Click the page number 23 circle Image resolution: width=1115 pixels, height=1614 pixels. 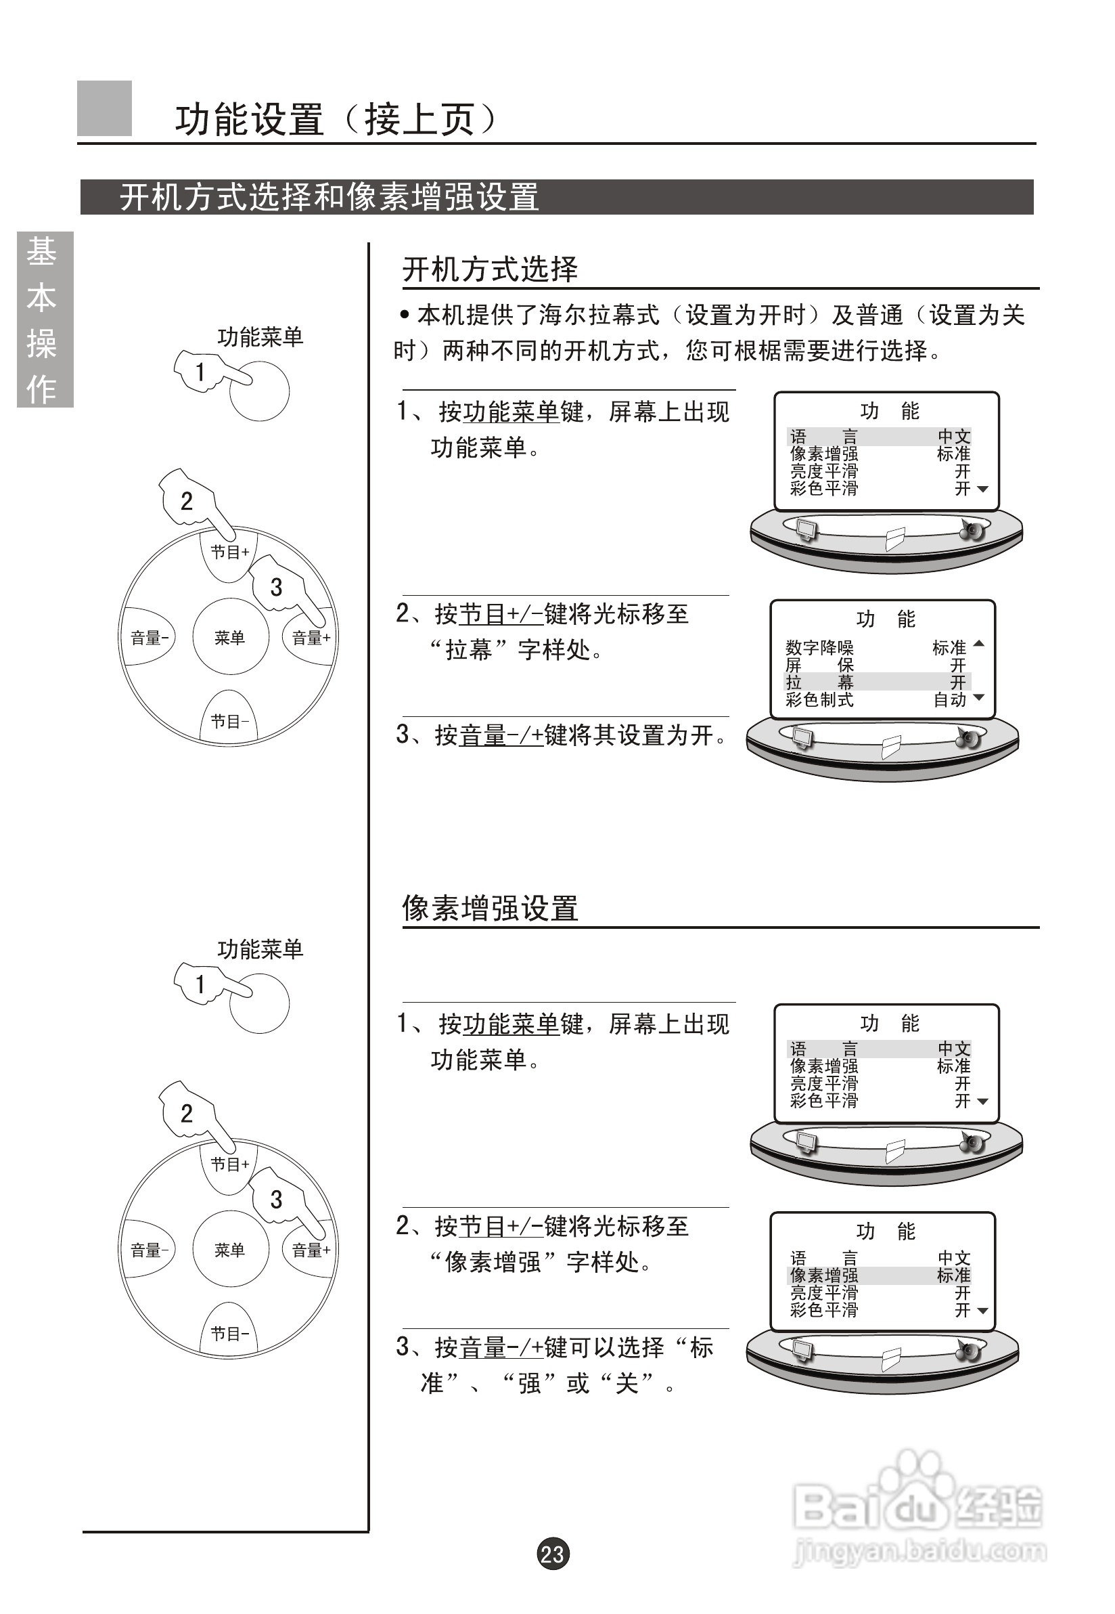point(553,1553)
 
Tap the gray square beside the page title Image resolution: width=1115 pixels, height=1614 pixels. point(104,108)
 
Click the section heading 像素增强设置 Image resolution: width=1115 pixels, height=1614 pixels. point(490,909)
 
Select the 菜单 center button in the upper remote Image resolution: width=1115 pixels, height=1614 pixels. point(230,638)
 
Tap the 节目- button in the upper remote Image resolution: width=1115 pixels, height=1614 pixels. point(230,720)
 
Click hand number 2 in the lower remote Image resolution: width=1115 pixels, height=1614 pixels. point(187,1113)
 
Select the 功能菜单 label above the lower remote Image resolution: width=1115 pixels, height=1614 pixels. point(260,949)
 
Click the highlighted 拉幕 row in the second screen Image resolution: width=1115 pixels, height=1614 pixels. point(878,682)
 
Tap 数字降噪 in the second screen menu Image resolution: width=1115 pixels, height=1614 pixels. point(819,647)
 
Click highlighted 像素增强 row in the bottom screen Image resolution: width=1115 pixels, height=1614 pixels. point(879,1275)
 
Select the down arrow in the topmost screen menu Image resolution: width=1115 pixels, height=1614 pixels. point(982,489)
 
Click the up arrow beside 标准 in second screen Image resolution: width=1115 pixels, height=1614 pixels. point(979,643)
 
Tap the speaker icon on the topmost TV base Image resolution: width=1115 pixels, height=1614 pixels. point(972,530)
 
